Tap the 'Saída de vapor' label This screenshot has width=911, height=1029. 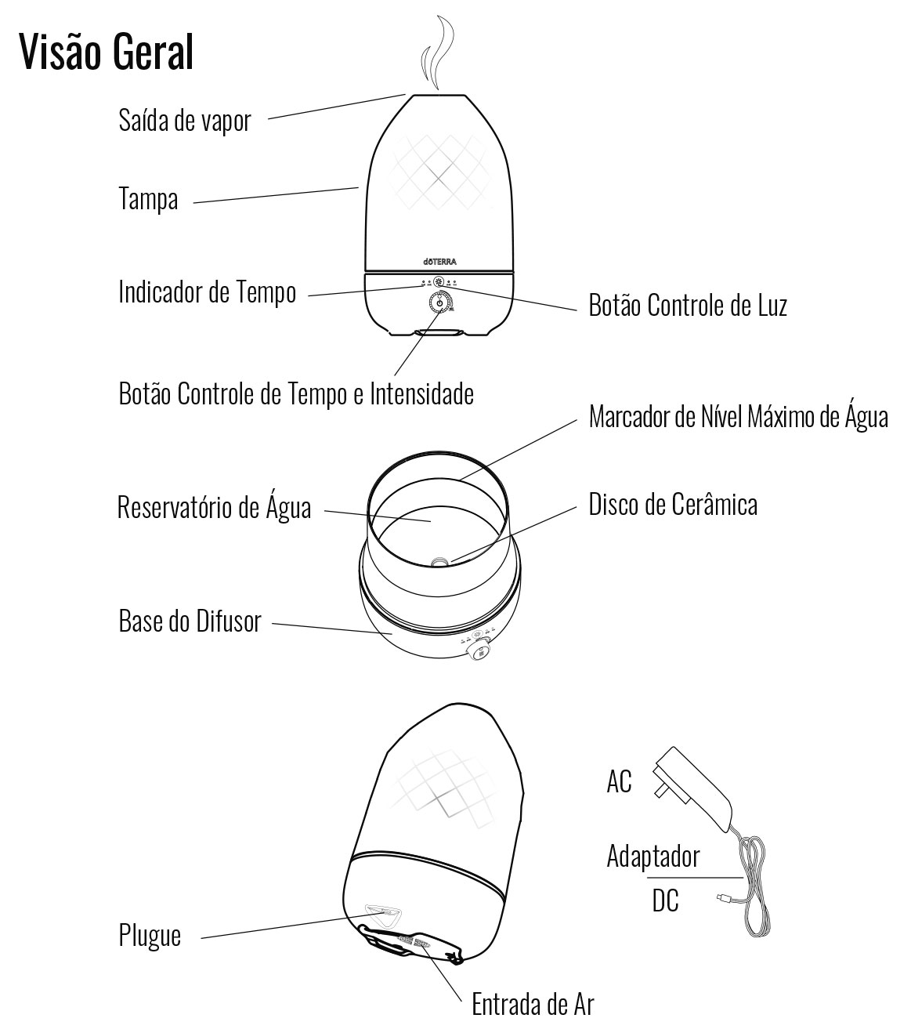pyautogui.click(x=185, y=121)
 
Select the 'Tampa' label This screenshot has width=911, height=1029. pyautogui.click(x=148, y=199)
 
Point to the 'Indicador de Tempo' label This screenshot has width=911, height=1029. pyautogui.click(x=208, y=292)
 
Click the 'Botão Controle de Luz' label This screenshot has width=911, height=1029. pyautogui.click(x=687, y=305)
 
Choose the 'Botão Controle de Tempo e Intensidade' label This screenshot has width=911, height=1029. pyautogui.click(x=296, y=393)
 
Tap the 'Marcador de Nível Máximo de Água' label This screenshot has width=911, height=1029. pyautogui.click(x=738, y=416)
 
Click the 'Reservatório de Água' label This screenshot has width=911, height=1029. pyautogui.click(x=214, y=507)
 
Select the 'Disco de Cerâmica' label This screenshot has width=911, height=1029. pyautogui.click(x=673, y=504)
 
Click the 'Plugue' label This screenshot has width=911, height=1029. pyautogui.click(x=150, y=935)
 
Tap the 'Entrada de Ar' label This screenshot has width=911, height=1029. pyautogui.click(x=533, y=1004)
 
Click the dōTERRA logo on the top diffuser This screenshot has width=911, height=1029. pyautogui.click(x=439, y=262)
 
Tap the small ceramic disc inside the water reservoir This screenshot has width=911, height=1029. pyautogui.click(x=439, y=561)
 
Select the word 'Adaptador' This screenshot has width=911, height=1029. pyautogui.click(x=653, y=856)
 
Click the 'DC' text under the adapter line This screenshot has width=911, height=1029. pyautogui.click(x=665, y=901)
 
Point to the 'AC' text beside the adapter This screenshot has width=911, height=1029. pyautogui.click(x=619, y=781)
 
